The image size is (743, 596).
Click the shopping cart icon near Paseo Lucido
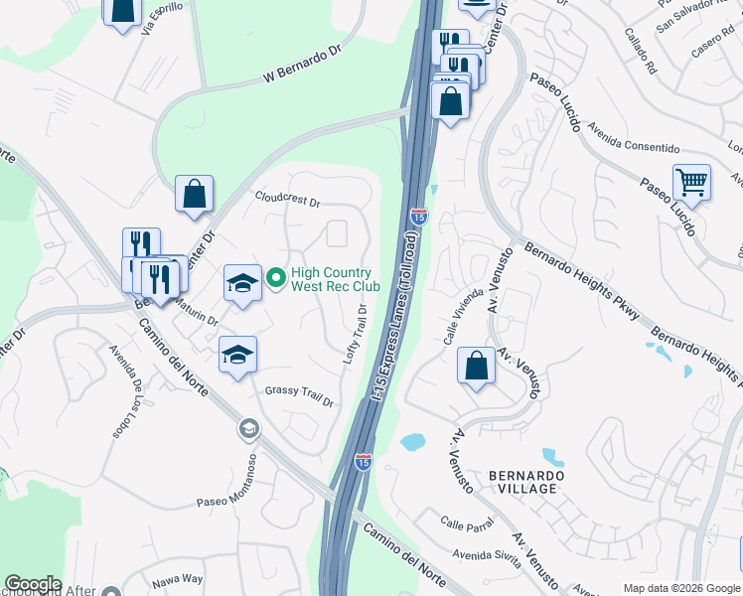[691, 183]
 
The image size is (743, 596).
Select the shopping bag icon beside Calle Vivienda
[477, 366]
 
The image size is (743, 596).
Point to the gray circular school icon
[247, 429]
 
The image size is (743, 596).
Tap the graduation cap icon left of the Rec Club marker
[242, 283]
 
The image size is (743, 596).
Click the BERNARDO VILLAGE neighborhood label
[526, 483]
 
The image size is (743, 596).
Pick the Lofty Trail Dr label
[356, 334]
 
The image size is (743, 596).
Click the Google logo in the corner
[33, 584]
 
